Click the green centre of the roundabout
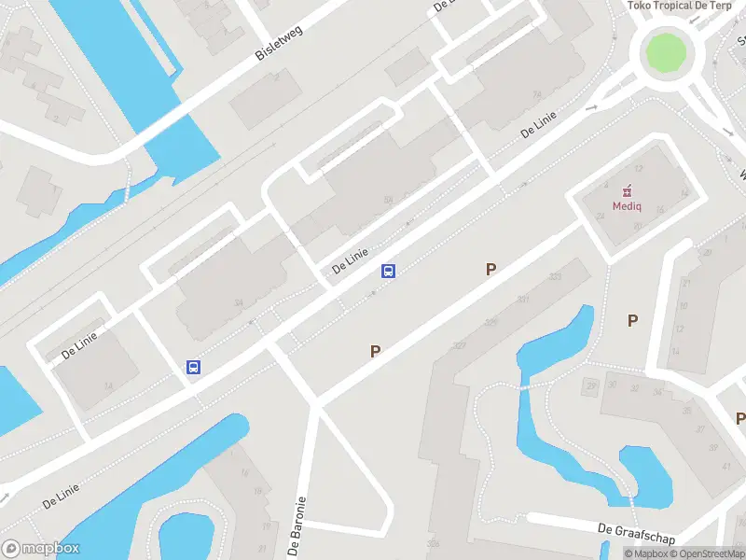pyautogui.click(x=666, y=52)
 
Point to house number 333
pyautogui.click(x=556, y=276)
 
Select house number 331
pyautogui.click(x=523, y=299)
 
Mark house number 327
pyautogui.click(x=459, y=345)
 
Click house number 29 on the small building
pyautogui.click(x=590, y=385)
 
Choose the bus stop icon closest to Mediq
pyautogui.click(x=389, y=272)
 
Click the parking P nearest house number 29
pyautogui.click(x=632, y=320)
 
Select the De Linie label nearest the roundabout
pyautogui.click(x=539, y=126)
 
